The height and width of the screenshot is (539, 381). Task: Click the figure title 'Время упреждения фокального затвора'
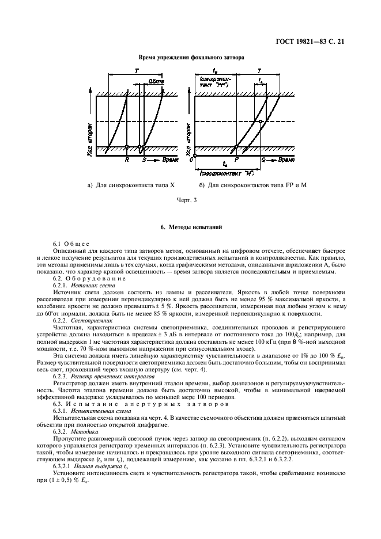click(190, 58)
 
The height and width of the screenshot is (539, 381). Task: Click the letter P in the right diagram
click(236, 157)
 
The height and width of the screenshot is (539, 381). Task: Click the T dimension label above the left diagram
click(136, 70)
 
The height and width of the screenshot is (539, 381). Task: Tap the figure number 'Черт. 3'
click(190, 200)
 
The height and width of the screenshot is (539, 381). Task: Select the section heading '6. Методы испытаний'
click(190, 228)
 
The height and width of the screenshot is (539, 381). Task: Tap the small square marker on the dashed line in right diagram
click(261, 122)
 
